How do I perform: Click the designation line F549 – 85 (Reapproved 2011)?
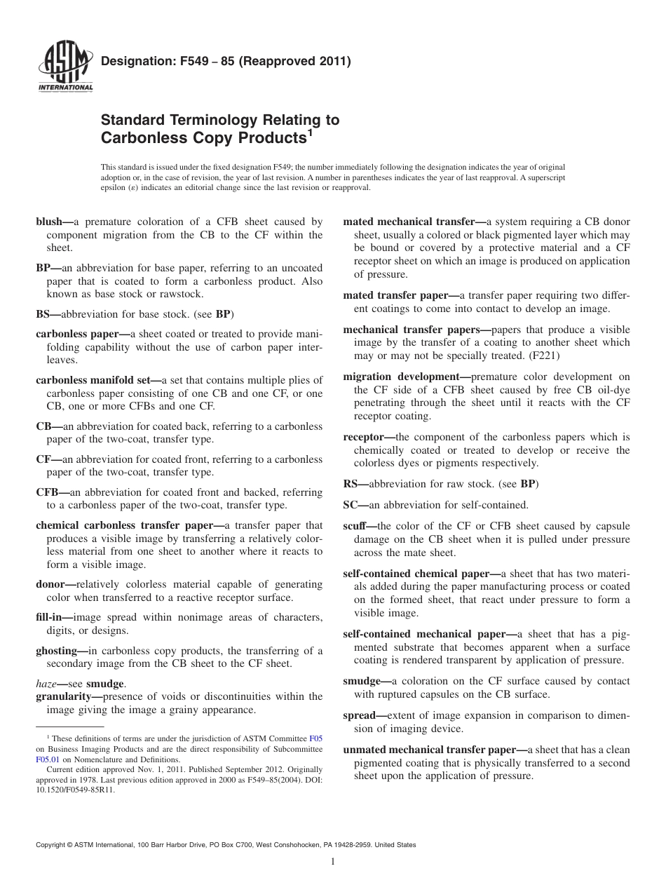point(226,62)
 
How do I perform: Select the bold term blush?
point(50,222)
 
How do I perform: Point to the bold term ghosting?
point(56,650)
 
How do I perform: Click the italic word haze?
point(46,683)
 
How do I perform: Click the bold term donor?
point(53,584)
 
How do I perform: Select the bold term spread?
point(360,715)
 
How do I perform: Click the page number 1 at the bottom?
point(333,862)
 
